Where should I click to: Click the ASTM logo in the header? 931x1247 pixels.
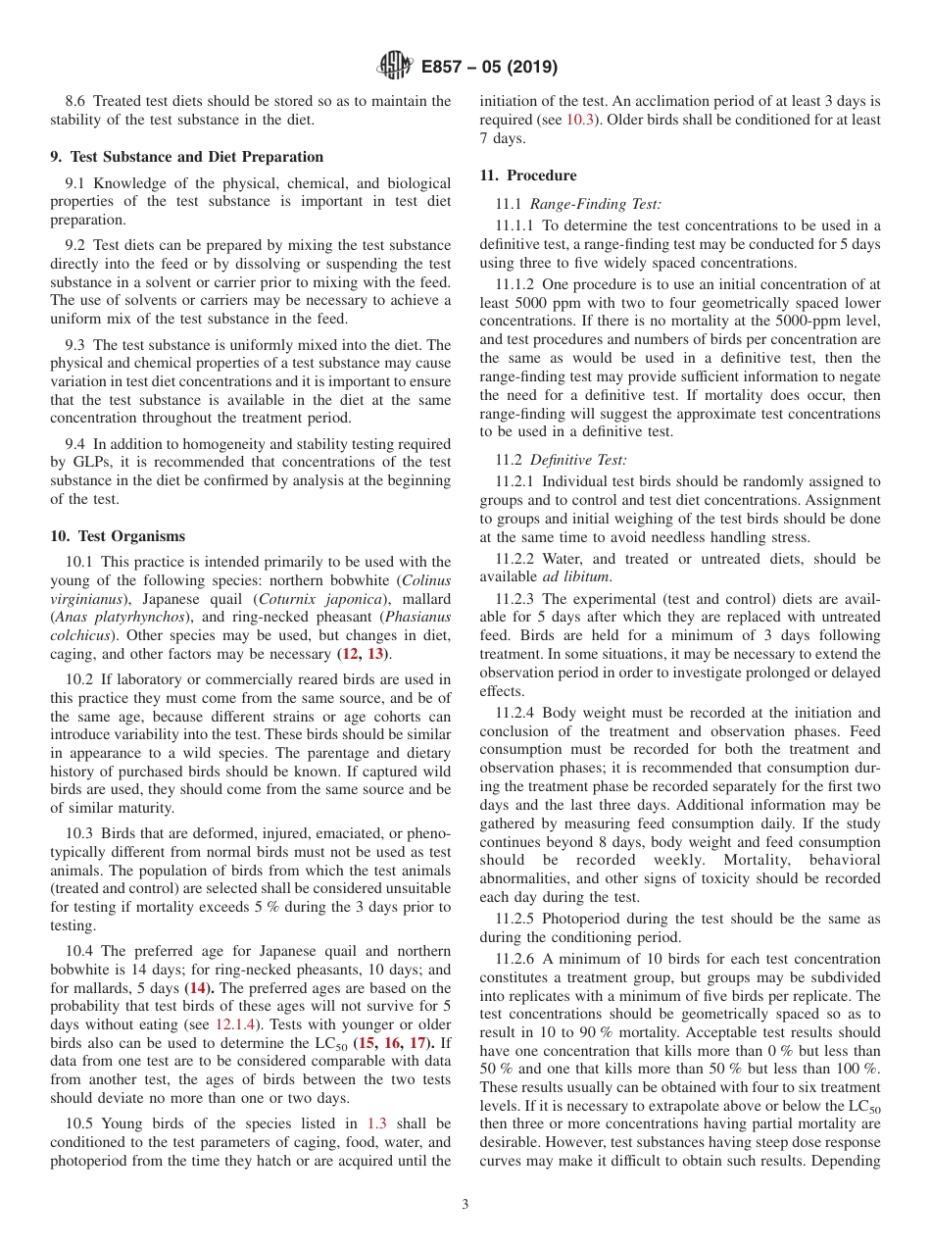coord(395,67)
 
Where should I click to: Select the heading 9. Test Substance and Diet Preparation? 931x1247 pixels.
coord(186,157)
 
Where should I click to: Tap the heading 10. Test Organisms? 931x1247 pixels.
coord(118,536)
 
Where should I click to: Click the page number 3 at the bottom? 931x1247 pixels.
coord(465,1204)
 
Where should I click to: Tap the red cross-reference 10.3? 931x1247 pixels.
coord(579,120)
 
